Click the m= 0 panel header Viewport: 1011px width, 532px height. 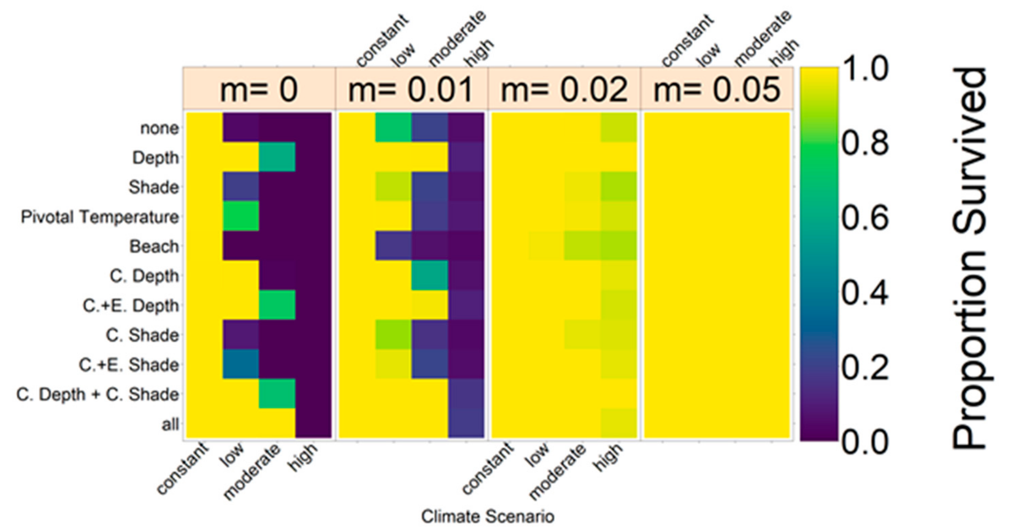coord(259,89)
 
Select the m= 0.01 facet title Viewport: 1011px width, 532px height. coord(411,89)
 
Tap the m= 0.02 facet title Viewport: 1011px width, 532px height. coord(564,89)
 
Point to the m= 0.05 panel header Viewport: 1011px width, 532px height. coord(717,89)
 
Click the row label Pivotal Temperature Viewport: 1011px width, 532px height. coord(100,217)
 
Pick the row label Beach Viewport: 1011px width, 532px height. coord(154,247)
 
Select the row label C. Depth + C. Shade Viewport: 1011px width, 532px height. coord(98,395)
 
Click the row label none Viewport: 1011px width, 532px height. coord(160,128)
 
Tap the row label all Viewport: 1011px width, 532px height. coord(170,424)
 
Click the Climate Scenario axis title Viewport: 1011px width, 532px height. coord(487,516)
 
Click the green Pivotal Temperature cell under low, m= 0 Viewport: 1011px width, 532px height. coord(241,216)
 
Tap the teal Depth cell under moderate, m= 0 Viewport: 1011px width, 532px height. coord(277,157)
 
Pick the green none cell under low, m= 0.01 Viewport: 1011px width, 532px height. coord(394,127)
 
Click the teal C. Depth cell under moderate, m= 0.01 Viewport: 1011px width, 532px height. coord(430,275)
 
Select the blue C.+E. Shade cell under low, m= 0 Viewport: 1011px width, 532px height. coord(241,364)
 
